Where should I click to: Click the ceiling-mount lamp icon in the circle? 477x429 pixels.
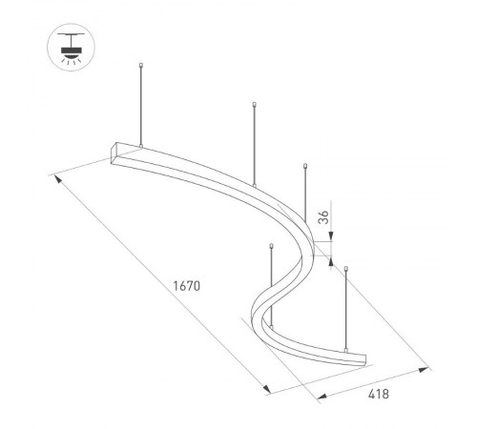point(69,45)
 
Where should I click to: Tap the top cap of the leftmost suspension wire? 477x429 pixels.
point(141,66)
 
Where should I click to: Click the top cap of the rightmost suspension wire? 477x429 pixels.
point(346,270)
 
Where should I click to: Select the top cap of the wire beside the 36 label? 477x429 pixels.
point(305,165)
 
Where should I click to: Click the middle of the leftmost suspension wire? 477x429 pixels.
point(141,105)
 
